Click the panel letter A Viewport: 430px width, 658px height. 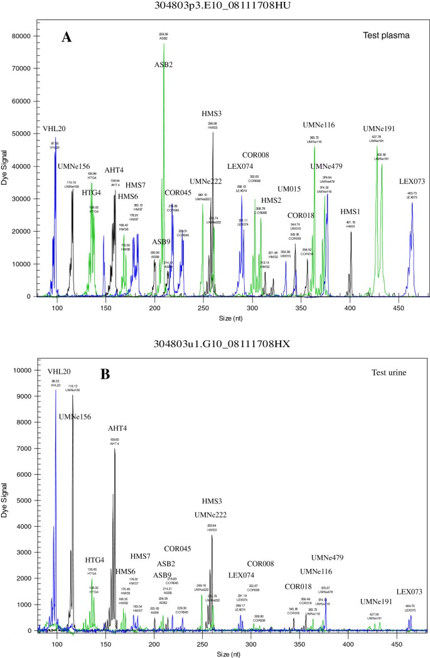tap(66, 37)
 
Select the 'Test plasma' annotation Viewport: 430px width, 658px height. tap(389, 36)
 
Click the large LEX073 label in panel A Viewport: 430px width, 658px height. tap(412, 182)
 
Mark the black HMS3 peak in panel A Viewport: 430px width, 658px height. tap(213, 133)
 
